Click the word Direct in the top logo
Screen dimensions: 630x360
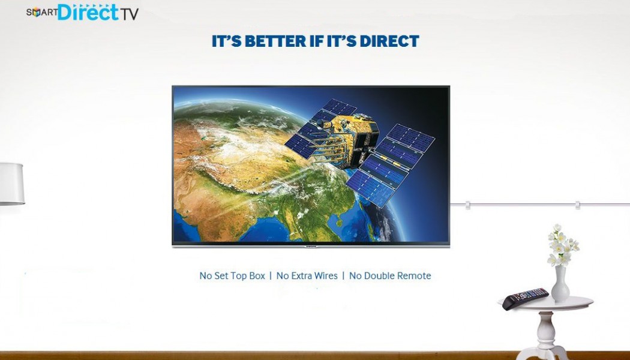[88, 12]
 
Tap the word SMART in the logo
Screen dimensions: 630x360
[42, 13]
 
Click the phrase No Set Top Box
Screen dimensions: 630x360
[232, 276]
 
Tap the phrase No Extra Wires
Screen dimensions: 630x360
[307, 276]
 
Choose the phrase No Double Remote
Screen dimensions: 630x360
[390, 276]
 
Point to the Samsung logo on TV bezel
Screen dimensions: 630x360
[311, 246]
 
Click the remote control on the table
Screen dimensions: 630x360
[525, 298]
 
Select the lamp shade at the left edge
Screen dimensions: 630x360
[11, 184]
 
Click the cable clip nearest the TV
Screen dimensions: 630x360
[467, 205]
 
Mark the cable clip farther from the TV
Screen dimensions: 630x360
[577, 205]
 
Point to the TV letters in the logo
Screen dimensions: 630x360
[129, 14]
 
